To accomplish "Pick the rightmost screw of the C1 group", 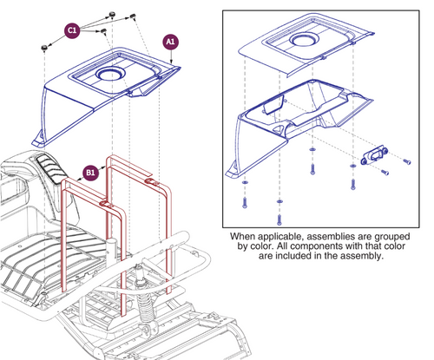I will pyautogui.click(x=133, y=16).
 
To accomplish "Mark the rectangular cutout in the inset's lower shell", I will pyautogui.click(x=270, y=108).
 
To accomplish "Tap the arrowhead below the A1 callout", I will pyautogui.click(x=177, y=61).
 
